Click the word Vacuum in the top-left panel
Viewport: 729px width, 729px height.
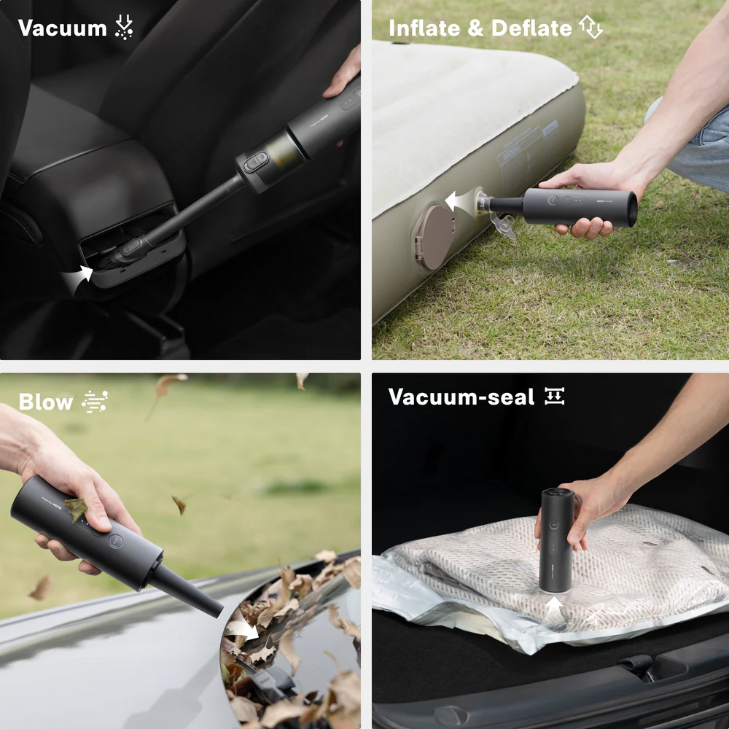point(62,28)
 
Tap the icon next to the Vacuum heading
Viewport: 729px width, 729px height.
point(125,28)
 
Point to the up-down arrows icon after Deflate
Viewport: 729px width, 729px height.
point(590,28)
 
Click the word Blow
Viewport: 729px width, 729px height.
point(45,402)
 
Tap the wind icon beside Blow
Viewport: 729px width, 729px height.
point(95,402)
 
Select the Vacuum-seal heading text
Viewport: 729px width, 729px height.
point(461,397)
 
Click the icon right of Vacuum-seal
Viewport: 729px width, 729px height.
point(555,397)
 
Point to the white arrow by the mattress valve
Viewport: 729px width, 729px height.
point(459,201)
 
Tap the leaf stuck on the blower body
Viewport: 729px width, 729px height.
point(75,508)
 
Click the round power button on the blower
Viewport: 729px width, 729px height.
point(115,541)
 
